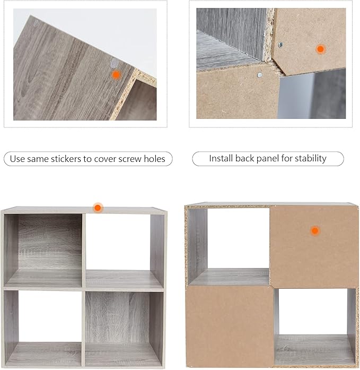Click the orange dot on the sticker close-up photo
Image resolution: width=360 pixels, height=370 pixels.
116,75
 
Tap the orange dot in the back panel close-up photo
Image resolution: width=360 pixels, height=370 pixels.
320,49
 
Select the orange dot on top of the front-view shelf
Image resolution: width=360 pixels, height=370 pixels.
98,208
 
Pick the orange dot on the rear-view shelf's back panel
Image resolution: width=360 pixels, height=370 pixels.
315,231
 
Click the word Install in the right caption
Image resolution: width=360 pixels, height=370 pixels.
221,158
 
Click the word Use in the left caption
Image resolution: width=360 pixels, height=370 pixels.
17,159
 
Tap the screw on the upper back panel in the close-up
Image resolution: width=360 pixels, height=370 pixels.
280,45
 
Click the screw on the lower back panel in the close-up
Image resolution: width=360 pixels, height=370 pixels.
260,75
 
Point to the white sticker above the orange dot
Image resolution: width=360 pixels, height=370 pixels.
115,63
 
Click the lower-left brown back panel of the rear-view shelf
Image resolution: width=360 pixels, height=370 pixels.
230,326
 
